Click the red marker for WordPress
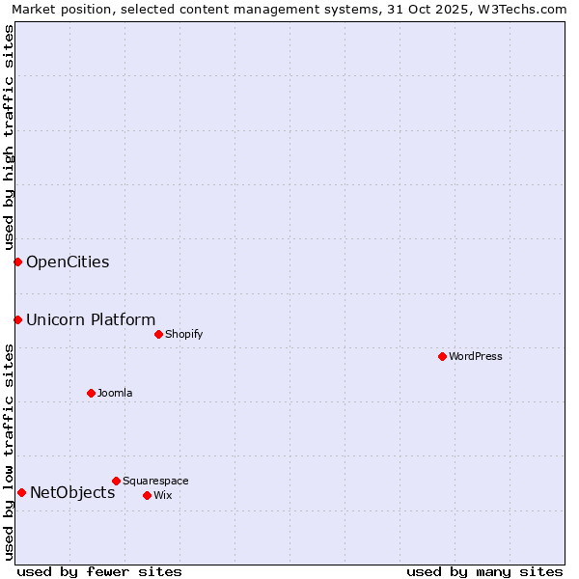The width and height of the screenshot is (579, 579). [442, 356]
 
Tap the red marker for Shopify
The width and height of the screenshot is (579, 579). [158, 334]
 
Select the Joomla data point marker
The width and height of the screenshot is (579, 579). [91, 393]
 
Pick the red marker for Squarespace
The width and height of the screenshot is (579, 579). [116, 481]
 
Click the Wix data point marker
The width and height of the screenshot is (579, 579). [147, 495]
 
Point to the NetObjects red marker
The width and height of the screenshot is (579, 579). [21, 492]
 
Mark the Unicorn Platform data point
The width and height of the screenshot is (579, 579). [17, 319]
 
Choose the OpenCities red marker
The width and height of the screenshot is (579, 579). [17, 262]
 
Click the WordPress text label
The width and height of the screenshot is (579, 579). [476, 356]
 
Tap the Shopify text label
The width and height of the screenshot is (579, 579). [184, 334]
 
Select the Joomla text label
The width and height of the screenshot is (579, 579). [115, 393]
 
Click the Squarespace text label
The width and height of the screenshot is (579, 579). [155, 481]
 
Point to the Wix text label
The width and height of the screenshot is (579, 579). [163, 495]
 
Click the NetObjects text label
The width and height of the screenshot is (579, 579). [72, 492]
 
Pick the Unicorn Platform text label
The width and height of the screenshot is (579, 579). [91, 319]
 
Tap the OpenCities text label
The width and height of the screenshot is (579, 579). [68, 262]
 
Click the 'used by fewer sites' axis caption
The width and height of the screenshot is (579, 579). [99, 571]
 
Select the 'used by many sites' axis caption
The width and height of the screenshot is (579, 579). [484, 571]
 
